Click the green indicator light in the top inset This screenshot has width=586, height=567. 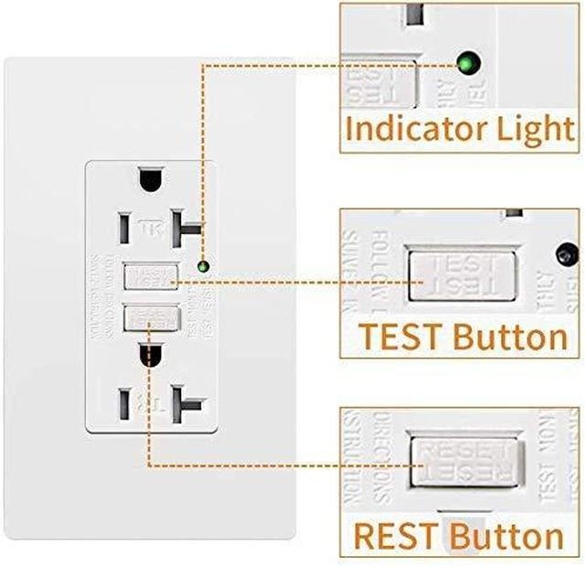[467, 62]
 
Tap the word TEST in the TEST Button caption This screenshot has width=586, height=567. [397, 337]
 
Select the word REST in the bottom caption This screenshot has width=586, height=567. [398, 535]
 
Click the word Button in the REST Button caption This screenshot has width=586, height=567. [506, 535]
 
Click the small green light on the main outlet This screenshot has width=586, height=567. [203, 267]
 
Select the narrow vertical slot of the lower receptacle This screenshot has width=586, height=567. [122, 401]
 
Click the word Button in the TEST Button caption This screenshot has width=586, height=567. [508, 337]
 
